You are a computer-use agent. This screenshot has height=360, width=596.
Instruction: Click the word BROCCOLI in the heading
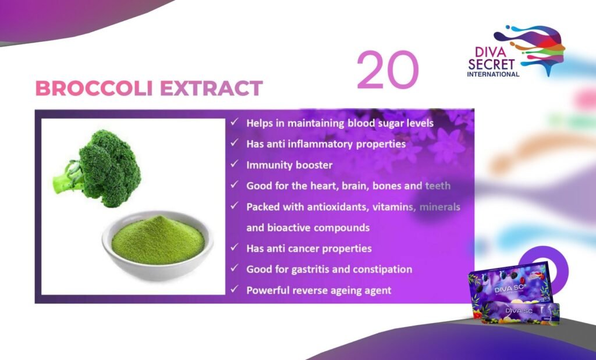click(94, 88)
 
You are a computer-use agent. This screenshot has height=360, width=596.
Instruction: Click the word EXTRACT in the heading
click(211, 88)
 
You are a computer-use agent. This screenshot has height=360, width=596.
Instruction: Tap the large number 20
click(387, 70)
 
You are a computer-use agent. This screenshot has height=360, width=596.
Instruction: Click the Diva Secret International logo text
click(493, 62)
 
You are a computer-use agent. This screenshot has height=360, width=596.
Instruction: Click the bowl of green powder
click(157, 245)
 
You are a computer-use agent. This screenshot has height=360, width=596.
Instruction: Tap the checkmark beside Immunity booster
click(235, 164)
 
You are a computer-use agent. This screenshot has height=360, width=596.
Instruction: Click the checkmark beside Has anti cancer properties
click(235, 248)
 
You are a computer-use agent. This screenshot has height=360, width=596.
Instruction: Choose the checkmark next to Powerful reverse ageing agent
click(235, 290)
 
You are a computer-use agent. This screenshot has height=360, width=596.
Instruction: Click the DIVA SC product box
click(513, 293)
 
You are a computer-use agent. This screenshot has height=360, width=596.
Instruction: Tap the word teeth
click(438, 186)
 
